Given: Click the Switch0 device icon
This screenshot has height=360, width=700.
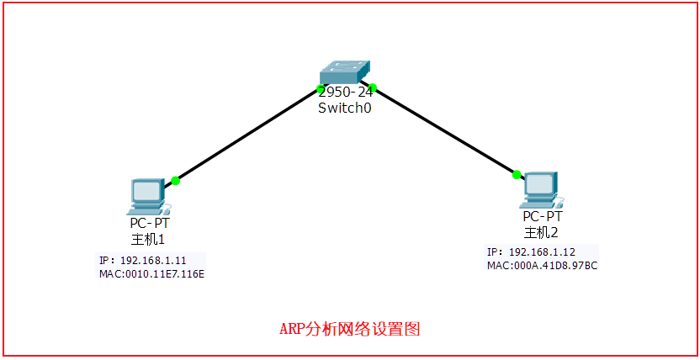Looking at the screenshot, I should click(346, 72).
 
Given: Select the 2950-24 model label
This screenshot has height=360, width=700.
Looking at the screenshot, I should click(346, 93).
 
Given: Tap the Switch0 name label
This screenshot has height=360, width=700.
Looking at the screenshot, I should click(345, 108).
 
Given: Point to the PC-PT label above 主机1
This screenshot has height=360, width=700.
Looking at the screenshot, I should click(150, 223).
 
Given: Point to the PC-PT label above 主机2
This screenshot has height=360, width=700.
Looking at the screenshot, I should click(543, 217).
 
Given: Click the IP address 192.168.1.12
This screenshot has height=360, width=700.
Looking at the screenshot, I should click(542, 251).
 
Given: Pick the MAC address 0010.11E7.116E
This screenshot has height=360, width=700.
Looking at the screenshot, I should click(151, 273).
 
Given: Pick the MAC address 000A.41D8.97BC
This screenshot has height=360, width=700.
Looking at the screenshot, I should click(542, 265).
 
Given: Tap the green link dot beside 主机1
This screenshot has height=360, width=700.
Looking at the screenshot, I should click(175, 180).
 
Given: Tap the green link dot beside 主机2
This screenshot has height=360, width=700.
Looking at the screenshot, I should click(517, 175).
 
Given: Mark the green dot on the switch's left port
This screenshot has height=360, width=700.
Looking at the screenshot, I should click(321, 88).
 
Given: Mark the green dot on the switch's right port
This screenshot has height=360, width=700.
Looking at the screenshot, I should click(373, 87).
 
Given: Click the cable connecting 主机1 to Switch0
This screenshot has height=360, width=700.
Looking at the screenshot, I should click(248, 135).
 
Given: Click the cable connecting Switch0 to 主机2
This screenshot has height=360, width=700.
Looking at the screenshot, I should click(444, 130).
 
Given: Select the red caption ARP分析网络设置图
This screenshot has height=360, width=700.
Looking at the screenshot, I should click(349, 329).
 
